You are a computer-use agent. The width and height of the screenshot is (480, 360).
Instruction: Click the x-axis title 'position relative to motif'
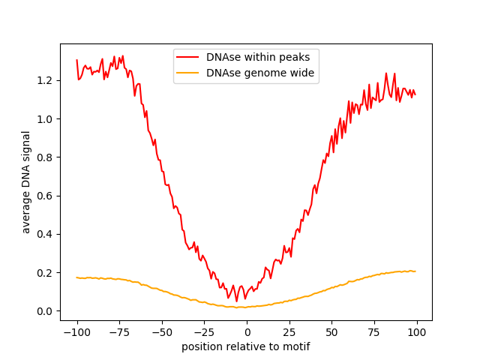[x=246, y=346]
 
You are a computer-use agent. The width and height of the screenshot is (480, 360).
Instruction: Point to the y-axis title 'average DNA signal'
[x=26, y=182]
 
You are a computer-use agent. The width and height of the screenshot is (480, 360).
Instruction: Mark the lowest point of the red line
[x=237, y=301]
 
